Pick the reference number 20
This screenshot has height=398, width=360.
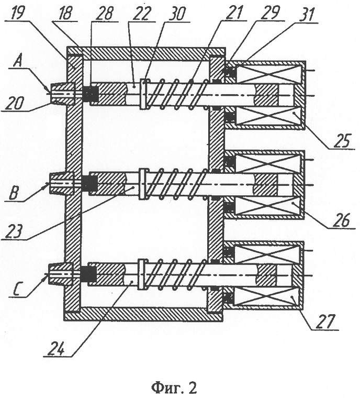click(x=12, y=107)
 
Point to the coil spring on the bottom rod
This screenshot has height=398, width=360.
click(x=177, y=273)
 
